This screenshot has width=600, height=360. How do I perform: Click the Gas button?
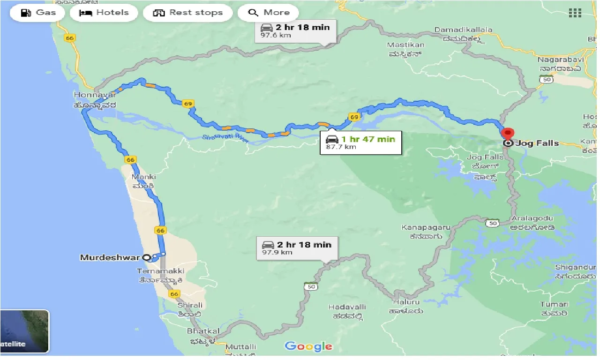point(37,13)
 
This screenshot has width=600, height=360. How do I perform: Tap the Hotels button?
point(104,13)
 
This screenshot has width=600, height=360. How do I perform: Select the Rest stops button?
point(187,13)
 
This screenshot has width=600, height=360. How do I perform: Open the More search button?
point(269,13)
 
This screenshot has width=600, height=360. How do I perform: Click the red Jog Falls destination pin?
point(508,134)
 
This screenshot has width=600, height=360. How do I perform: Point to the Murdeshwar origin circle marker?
point(146,257)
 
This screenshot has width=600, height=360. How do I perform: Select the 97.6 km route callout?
point(295,31)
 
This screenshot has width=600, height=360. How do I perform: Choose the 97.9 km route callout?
point(297,248)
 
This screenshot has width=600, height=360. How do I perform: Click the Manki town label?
point(144,177)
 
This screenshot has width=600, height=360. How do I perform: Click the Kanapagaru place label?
point(426,227)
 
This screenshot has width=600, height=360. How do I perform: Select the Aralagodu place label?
point(532,219)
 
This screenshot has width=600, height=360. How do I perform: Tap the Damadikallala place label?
point(463,30)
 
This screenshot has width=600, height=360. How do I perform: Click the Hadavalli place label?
point(347,307)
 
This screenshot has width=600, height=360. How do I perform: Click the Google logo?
point(308,346)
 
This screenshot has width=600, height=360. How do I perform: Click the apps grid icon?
point(575,13)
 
